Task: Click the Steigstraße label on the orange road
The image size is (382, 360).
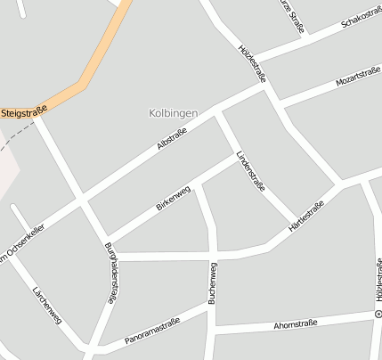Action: [x=24, y=111]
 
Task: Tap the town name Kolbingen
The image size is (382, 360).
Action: [x=173, y=113]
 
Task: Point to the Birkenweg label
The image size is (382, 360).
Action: [x=173, y=197]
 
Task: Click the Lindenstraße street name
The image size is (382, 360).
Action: [x=251, y=172]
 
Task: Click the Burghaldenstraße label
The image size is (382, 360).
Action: [x=111, y=274]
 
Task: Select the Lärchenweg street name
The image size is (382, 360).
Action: [x=45, y=305]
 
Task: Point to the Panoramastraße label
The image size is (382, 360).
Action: [x=152, y=330]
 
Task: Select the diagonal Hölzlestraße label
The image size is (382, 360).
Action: [x=252, y=63]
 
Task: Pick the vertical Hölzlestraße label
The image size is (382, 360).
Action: [x=378, y=282]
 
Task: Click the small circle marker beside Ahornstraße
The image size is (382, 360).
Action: [x=378, y=315]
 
